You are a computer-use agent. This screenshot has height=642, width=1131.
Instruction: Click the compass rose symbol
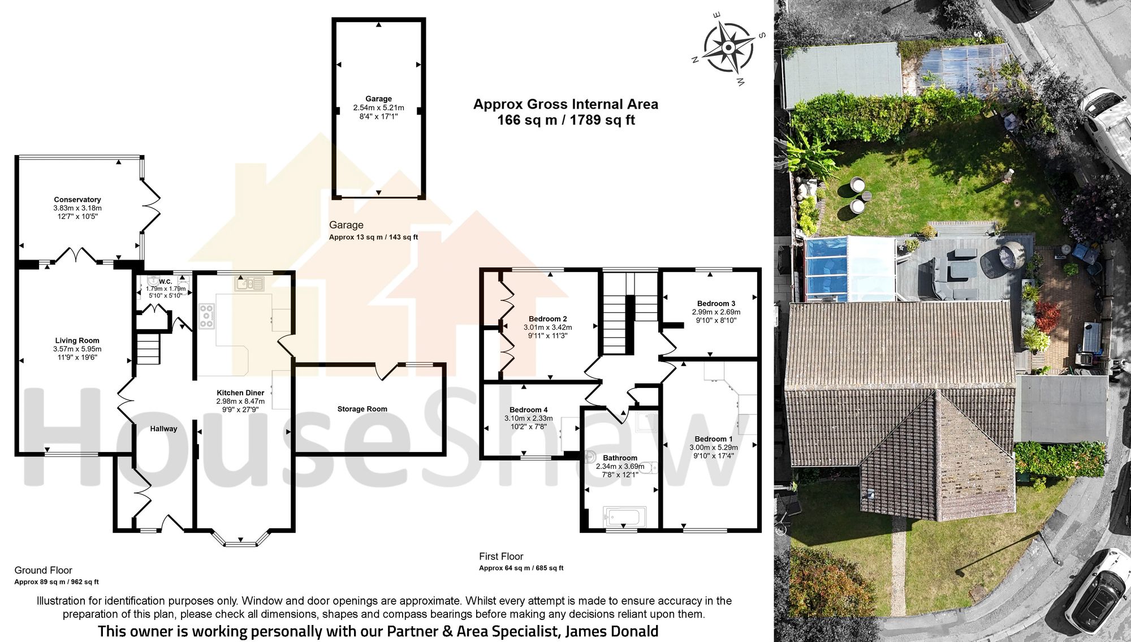[x=729, y=48]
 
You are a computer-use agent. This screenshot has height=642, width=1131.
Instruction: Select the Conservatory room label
[x=77, y=200]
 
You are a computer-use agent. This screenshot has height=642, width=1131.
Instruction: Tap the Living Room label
[x=77, y=341]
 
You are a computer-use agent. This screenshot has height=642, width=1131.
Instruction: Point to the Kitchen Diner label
[x=240, y=393]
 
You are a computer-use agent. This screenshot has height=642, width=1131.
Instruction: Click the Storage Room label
[x=362, y=409]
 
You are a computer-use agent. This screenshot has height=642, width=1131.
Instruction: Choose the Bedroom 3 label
[x=716, y=304]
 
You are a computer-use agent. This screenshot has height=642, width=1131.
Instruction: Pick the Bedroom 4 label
[x=528, y=410]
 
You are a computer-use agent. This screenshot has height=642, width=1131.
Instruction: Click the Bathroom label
[x=620, y=458]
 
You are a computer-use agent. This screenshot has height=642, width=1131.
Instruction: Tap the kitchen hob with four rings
[x=206, y=316]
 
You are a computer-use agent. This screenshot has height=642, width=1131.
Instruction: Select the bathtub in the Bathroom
[x=624, y=517]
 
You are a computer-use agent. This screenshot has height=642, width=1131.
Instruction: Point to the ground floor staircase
[x=149, y=349]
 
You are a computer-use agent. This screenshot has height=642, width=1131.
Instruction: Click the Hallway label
[x=163, y=429]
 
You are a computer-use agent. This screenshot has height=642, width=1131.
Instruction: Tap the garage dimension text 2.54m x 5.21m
[x=378, y=107]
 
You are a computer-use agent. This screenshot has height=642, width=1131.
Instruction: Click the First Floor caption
[x=501, y=557]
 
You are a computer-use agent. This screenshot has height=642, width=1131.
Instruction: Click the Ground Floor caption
[x=43, y=570]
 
